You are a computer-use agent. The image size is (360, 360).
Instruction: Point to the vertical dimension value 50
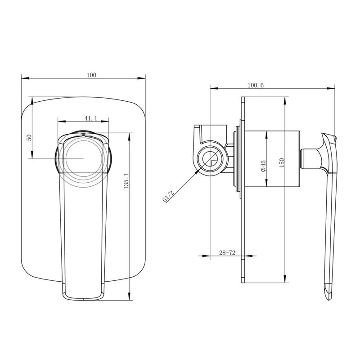coord(29,137)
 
